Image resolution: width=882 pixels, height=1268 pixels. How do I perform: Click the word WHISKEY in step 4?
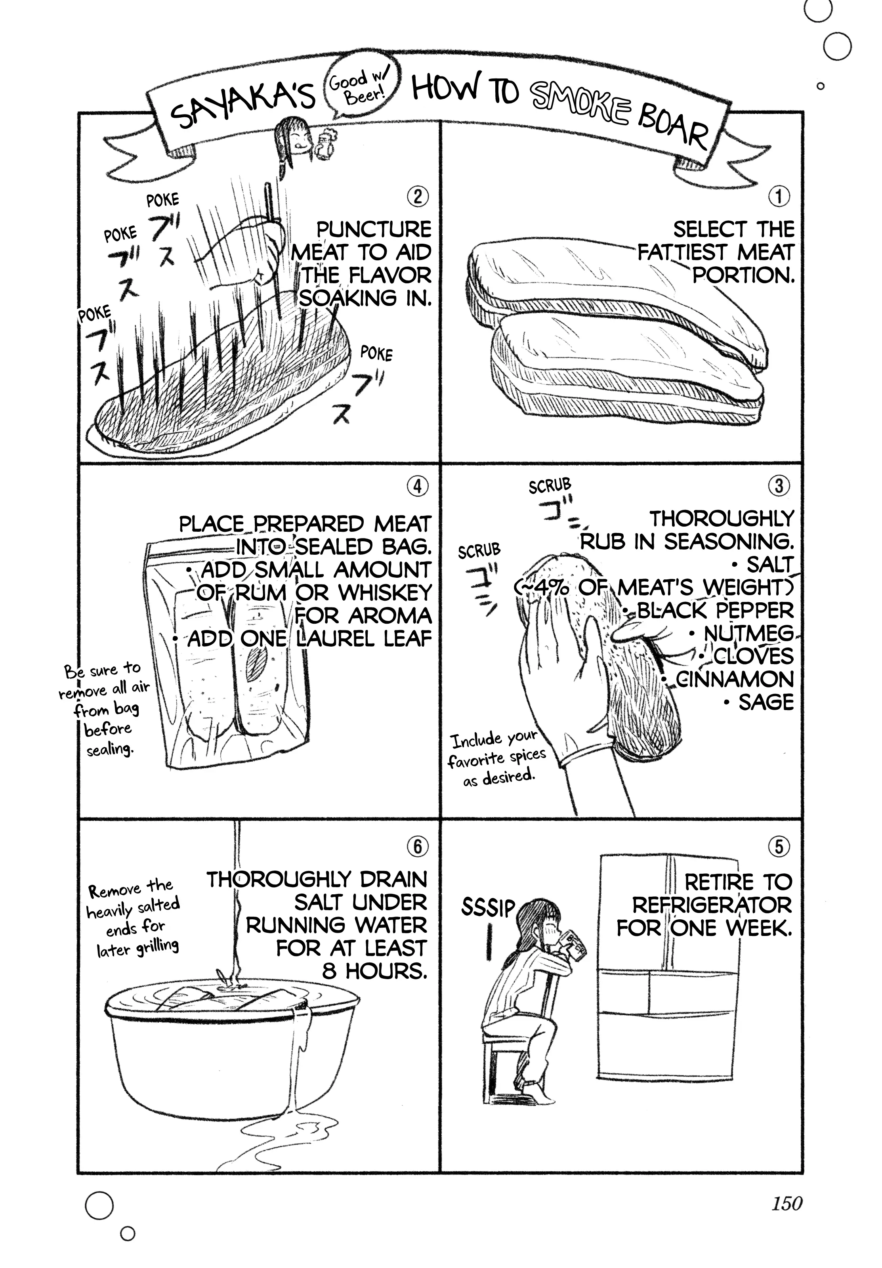point(385,592)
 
